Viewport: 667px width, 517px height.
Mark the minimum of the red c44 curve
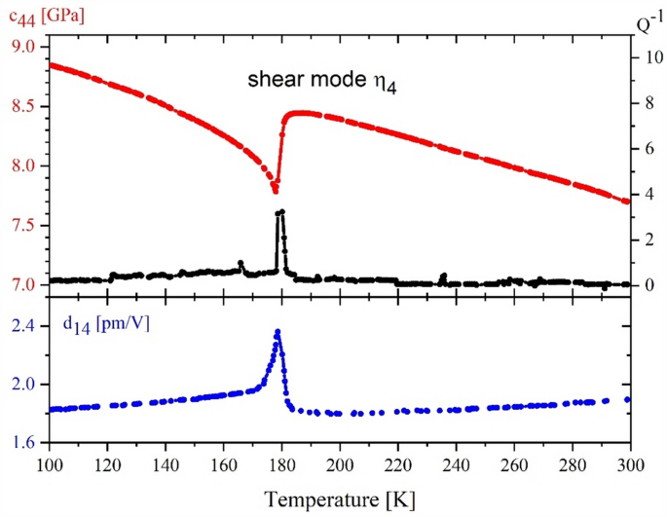(275, 191)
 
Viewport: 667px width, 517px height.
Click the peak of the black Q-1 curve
(280, 211)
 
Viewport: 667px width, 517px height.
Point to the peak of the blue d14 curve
(278, 332)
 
